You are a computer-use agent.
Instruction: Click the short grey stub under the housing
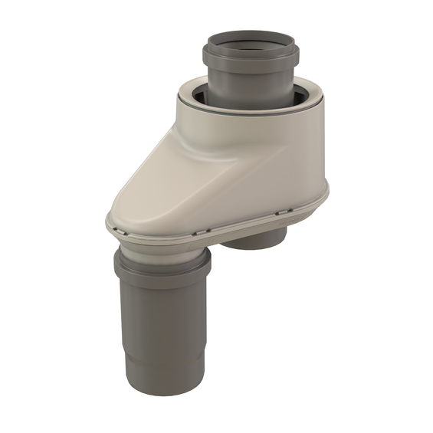[257, 244]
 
